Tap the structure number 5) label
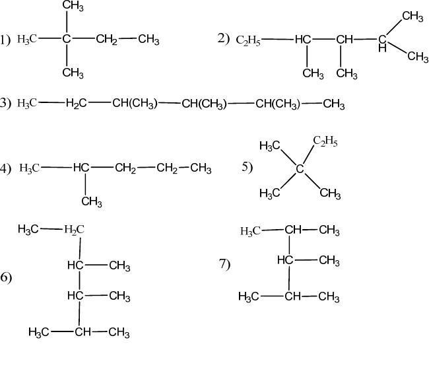coord(247,167)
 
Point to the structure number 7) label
coord(224,264)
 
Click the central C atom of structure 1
coord(67,40)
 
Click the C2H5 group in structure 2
coord(248,40)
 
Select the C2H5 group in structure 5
coord(325,141)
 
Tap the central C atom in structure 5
coord(300,169)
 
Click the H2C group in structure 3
coord(77,104)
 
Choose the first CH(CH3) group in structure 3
coord(134,104)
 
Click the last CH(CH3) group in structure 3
coord(278,104)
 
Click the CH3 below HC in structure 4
coord(92,201)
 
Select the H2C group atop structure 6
coord(74,230)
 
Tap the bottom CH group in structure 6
coord(82,331)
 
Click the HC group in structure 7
coord(284,260)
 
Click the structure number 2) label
coord(223,38)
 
